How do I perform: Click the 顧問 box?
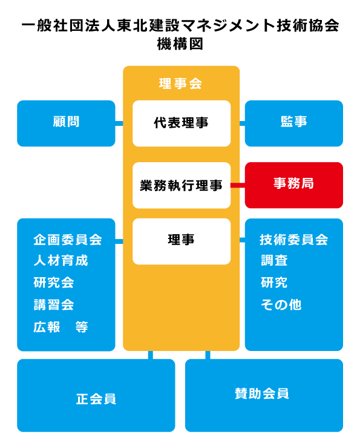[66, 123]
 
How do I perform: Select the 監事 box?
[293, 123]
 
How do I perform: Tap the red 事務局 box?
[293, 185]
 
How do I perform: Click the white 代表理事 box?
[182, 123]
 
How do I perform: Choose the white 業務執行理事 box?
[182, 185]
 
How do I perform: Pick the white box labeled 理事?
[182, 241]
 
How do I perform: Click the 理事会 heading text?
[180, 84]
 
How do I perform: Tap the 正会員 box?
[96, 395]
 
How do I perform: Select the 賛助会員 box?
[264, 395]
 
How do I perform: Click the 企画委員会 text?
[68, 240]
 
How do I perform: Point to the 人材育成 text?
[61, 261]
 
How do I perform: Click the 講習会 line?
[54, 304]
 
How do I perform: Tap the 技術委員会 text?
[294, 240]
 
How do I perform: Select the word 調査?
[274, 261]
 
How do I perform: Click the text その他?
[281, 304]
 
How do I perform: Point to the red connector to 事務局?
[238, 185]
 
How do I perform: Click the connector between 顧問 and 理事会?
[119, 123]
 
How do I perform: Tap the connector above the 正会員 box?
[151, 355]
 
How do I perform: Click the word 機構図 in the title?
[180, 44]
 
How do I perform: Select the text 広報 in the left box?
[47, 327]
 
